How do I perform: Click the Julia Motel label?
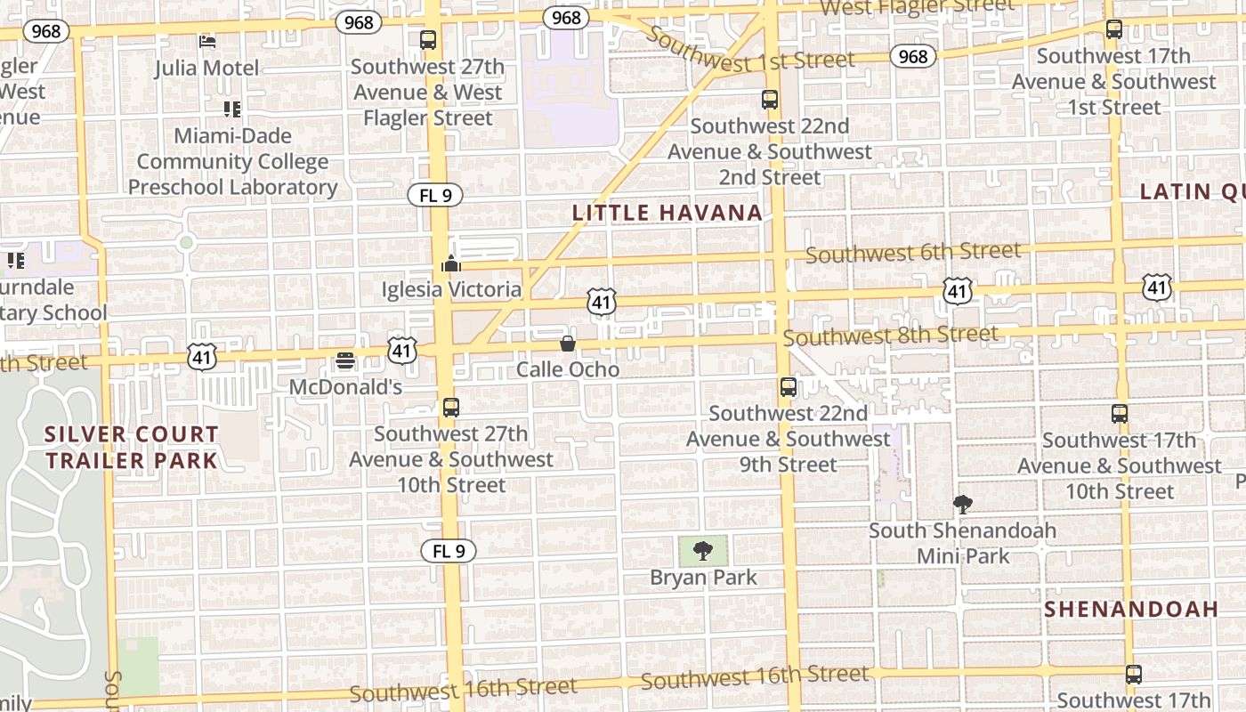pyautogui.click(x=206, y=68)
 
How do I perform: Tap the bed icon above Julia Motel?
pyautogui.click(x=207, y=41)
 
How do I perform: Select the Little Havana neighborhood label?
pyautogui.click(x=667, y=213)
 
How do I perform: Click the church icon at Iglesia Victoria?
pyautogui.click(x=451, y=264)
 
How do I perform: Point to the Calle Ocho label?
pyautogui.click(x=568, y=368)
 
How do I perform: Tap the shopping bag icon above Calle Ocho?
pyautogui.click(x=568, y=344)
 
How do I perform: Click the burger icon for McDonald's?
pyautogui.click(x=345, y=361)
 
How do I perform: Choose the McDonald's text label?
pyautogui.click(x=345, y=387)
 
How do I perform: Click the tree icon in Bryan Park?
pyautogui.click(x=703, y=551)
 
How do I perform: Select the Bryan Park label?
pyautogui.click(x=703, y=578)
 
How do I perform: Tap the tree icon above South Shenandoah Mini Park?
pyautogui.click(x=962, y=506)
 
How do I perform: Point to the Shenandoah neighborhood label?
pyautogui.click(x=1130, y=610)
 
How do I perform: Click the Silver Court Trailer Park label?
pyautogui.click(x=132, y=447)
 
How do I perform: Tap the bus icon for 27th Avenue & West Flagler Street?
pyautogui.click(x=428, y=40)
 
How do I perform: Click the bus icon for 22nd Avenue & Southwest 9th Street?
pyautogui.click(x=788, y=387)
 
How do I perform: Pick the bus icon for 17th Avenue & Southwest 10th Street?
pyautogui.click(x=1120, y=414)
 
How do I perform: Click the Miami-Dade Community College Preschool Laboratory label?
pyautogui.click(x=232, y=161)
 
